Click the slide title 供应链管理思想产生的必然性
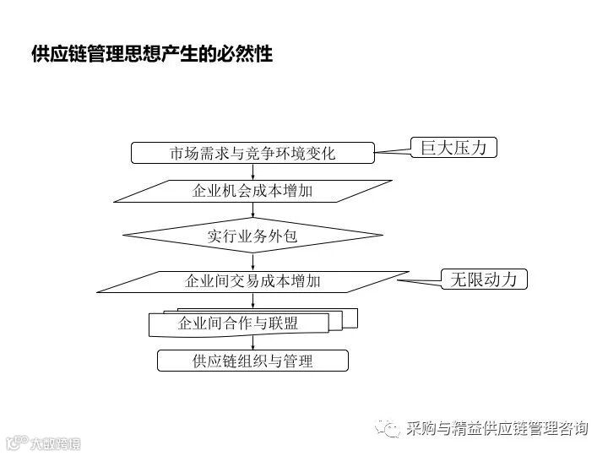[x=151, y=54]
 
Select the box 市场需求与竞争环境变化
[x=252, y=153]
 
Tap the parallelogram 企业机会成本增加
[x=252, y=191]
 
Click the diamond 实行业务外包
[x=252, y=236]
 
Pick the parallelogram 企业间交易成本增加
[x=252, y=281]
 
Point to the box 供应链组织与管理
[x=252, y=361]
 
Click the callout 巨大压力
[x=453, y=147]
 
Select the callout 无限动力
[x=485, y=279]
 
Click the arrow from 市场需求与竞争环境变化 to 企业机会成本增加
[x=252, y=171]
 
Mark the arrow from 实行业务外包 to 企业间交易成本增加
[x=252, y=262]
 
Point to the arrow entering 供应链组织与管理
[x=252, y=343]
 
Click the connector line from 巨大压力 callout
[x=392, y=150]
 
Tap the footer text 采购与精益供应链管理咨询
[x=496, y=429]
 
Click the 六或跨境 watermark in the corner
[x=42, y=442]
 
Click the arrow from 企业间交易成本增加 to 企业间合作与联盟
[x=252, y=301]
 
